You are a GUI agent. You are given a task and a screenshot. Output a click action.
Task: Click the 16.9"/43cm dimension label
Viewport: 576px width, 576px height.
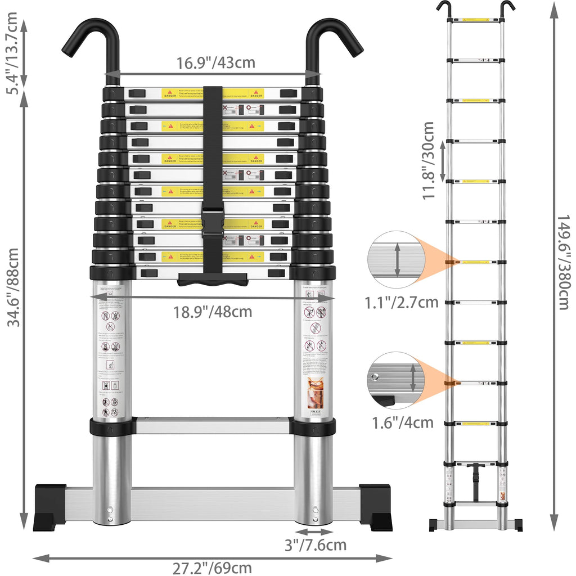point(216,62)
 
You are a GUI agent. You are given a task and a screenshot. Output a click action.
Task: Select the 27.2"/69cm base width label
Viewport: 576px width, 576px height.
point(212,568)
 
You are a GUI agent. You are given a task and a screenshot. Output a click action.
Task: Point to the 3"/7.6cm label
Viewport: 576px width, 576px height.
point(314,545)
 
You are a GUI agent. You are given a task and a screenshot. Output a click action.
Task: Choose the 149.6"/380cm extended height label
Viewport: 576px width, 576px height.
point(563,262)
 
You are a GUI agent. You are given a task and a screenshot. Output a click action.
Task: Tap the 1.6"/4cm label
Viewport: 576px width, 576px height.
point(402,422)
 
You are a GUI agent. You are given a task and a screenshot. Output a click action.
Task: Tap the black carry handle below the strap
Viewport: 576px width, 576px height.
point(213,279)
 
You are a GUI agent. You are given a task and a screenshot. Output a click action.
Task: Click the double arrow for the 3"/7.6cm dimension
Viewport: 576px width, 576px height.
point(314,532)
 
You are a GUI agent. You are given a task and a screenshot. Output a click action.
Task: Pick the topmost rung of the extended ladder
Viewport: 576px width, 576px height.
point(476,20)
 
